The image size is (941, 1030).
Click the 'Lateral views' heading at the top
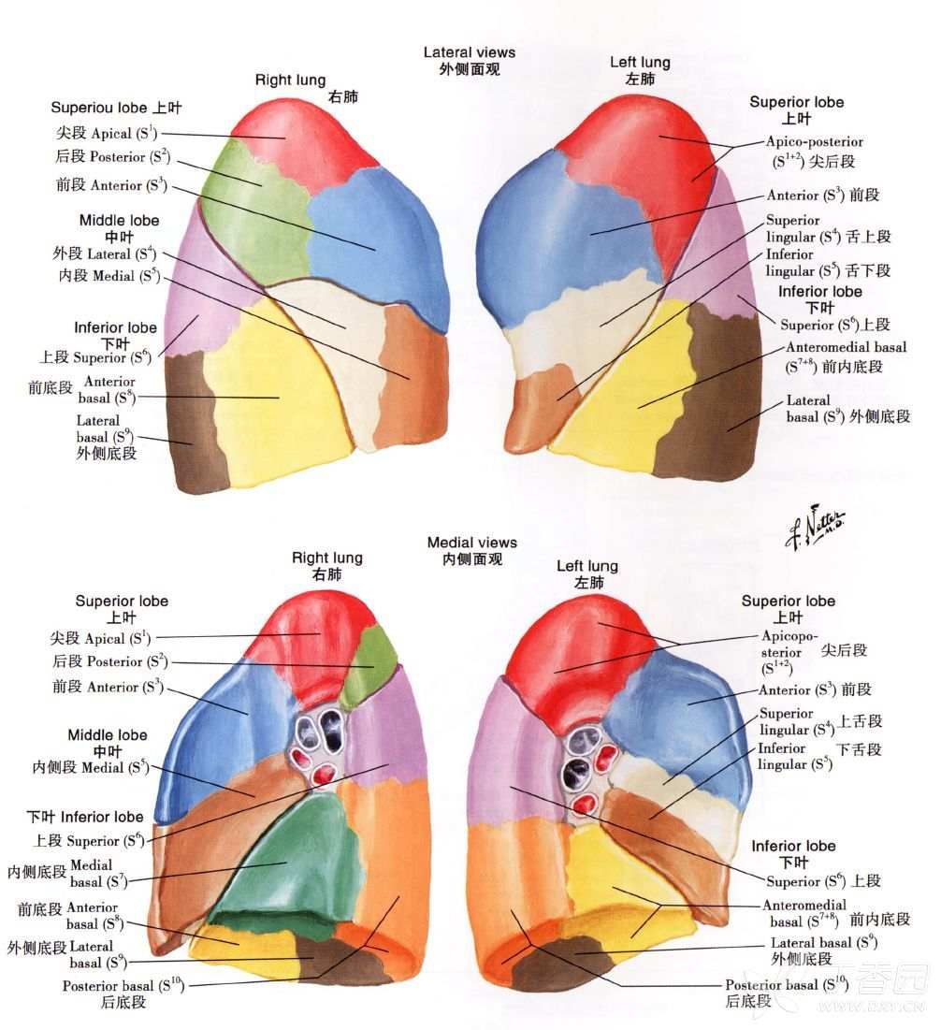pos(469,52)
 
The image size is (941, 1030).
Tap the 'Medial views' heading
pos(471,543)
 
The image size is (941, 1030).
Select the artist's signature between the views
pos(816,526)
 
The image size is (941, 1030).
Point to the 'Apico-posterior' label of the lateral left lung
pos(815,142)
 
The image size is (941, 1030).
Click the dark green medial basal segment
pos(296,854)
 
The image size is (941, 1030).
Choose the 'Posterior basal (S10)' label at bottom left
pos(123,986)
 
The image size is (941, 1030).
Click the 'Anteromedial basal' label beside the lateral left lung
pos(846,347)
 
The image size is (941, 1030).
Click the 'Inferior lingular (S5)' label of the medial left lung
pos(794,756)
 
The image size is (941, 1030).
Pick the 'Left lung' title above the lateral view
pos(640,63)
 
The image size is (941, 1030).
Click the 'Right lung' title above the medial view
pos(327,558)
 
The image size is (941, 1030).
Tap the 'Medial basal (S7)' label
pos(98,874)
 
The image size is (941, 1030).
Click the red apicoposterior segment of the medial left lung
pos(585,657)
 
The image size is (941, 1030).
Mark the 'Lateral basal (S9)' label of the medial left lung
pos(824,943)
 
